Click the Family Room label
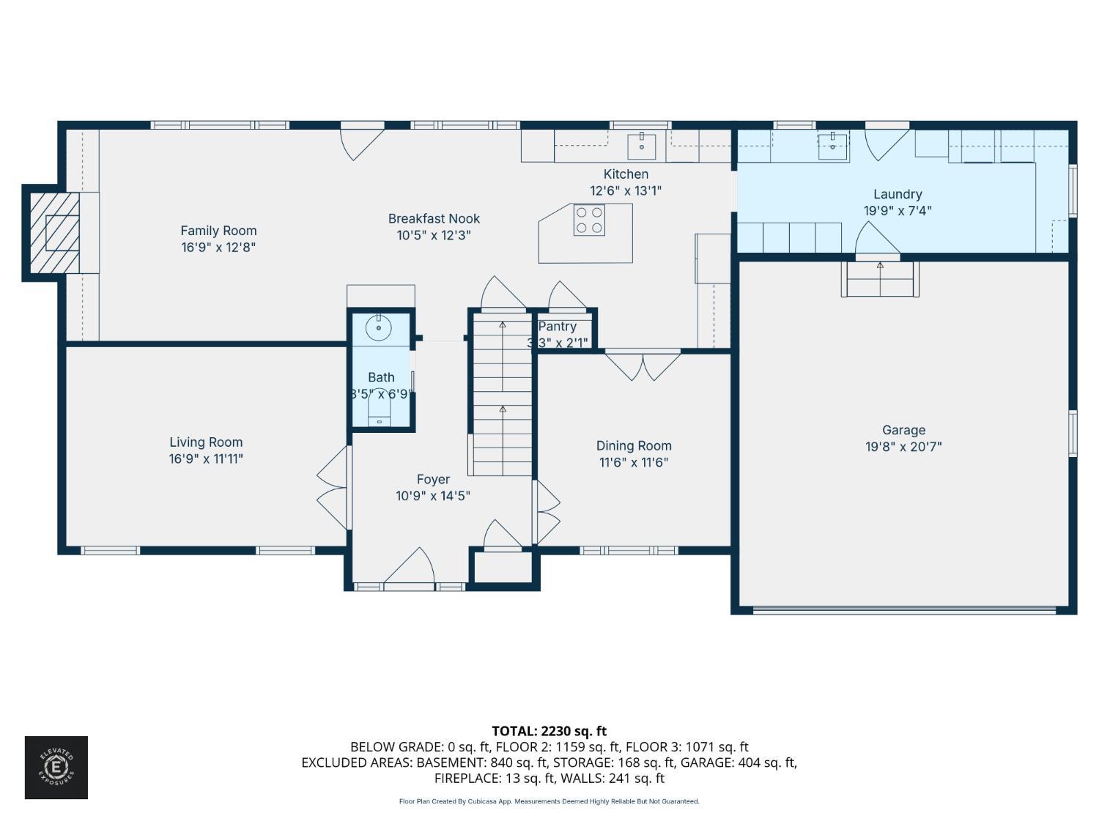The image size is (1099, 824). (x=218, y=231)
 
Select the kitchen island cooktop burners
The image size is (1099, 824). (x=589, y=220)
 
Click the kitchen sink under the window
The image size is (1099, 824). (x=642, y=145)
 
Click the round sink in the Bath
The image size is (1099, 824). (x=379, y=327)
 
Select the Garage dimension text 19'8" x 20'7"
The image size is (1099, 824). (x=903, y=447)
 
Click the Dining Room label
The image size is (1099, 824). (x=634, y=445)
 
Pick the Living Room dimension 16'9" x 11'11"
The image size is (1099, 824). (x=206, y=459)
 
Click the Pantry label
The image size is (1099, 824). (x=557, y=327)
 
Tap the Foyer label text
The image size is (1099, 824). (x=433, y=479)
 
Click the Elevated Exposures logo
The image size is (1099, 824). (x=56, y=768)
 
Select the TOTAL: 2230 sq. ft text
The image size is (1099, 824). (x=549, y=731)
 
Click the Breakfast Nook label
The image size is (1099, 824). (x=434, y=218)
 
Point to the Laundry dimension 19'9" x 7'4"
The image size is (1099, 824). (x=898, y=211)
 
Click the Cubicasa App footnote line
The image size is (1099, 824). (x=549, y=801)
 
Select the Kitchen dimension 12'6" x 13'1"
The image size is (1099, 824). (x=626, y=190)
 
